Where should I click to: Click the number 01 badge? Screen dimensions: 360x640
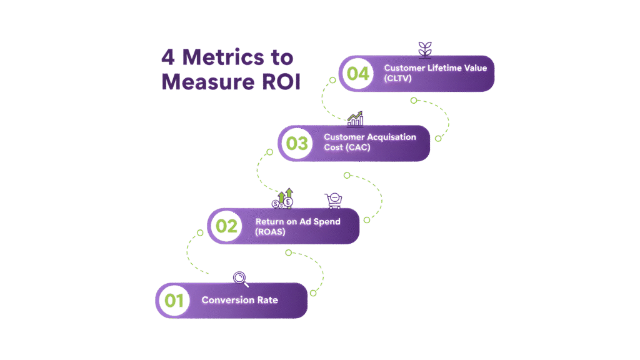[x=174, y=301]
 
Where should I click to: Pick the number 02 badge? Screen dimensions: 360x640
[x=226, y=226]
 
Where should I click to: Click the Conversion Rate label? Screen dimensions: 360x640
[x=239, y=301]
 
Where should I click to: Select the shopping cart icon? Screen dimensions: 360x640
[x=333, y=200]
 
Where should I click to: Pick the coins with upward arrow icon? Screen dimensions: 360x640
[x=283, y=199]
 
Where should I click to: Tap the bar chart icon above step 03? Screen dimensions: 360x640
[x=356, y=118]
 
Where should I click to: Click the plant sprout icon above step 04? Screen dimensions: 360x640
[x=426, y=49]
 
